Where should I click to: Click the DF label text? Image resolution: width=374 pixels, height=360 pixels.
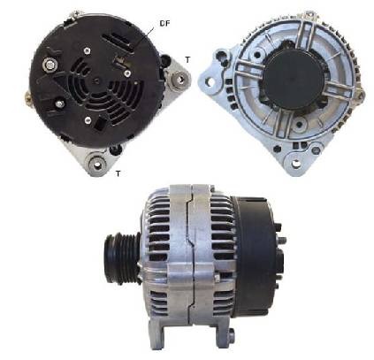(x=165, y=23)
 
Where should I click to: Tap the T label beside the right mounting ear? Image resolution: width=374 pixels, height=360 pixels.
(x=187, y=59)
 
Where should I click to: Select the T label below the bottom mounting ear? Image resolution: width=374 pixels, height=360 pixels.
(x=118, y=173)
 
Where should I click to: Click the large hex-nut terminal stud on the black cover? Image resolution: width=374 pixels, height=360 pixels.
(x=50, y=64)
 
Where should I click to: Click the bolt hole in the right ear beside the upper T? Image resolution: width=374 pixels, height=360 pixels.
(x=179, y=79)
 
